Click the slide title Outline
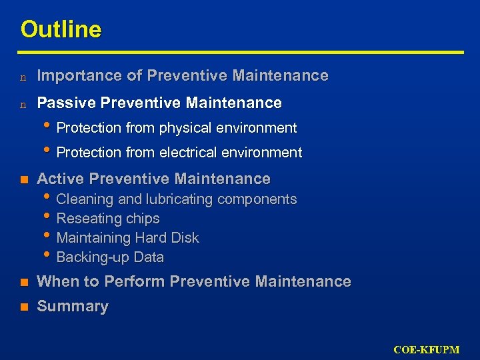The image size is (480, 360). (61, 29)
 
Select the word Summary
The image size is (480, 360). (72, 307)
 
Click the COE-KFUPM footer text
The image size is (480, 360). (426, 350)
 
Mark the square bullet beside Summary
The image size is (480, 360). (24, 307)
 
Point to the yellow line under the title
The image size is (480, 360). (240, 52)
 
